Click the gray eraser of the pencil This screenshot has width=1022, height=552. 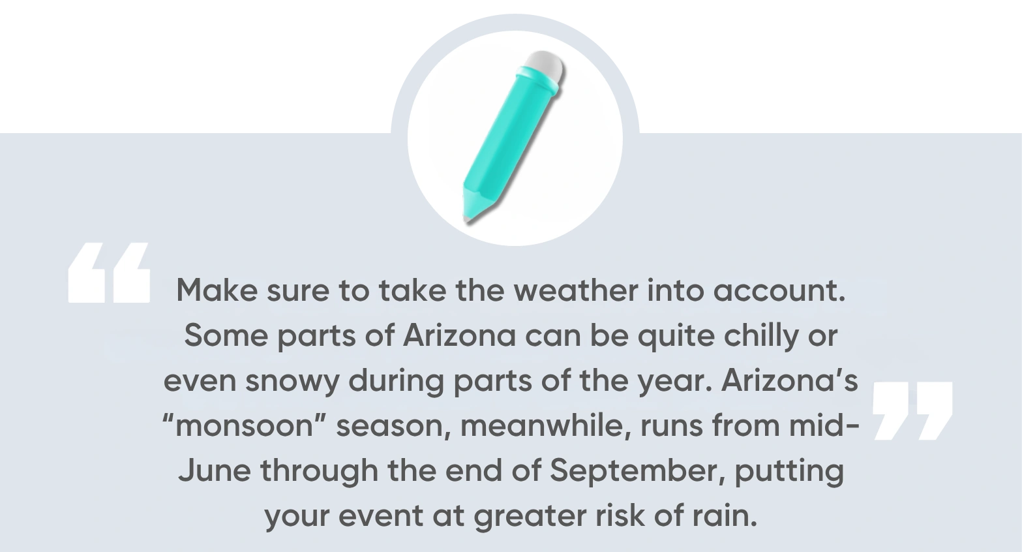tap(545, 66)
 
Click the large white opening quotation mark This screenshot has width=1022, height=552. tap(109, 273)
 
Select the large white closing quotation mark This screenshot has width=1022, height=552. tap(912, 410)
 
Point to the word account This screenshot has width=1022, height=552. tap(779, 290)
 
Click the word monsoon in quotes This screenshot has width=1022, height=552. tap(247, 426)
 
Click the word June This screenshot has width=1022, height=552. tap(214, 470)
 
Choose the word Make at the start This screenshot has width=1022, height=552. tap(217, 290)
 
